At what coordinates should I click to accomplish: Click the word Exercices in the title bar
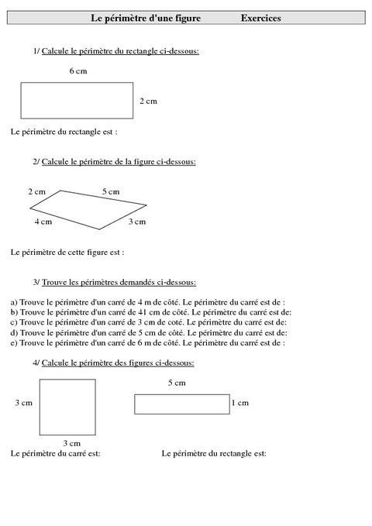[260, 17]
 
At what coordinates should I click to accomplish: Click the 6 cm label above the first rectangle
[77, 70]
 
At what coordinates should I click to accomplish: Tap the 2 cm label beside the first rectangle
[148, 101]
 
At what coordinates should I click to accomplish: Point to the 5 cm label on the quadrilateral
[111, 191]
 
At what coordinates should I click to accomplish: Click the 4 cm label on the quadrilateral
[43, 222]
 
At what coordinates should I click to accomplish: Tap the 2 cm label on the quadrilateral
[36, 191]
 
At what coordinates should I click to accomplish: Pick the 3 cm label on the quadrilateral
[136, 222]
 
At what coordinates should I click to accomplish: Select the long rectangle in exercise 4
[181, 404]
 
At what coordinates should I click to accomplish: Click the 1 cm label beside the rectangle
[240, 403]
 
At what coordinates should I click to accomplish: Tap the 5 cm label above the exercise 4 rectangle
[177, 383]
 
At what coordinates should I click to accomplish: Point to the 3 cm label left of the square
[23, 403]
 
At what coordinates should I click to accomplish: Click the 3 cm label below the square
[71, 443]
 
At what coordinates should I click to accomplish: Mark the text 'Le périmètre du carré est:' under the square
[56, 453]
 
